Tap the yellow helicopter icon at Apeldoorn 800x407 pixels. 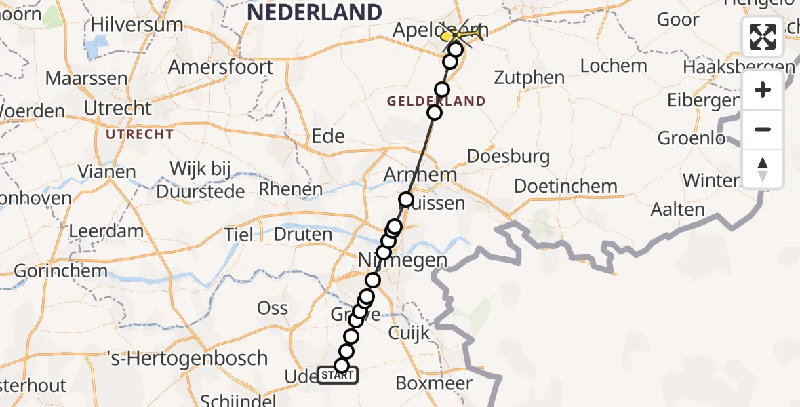tap(463, 33)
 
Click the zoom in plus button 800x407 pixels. tap(763, 90)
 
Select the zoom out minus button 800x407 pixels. tap(763, 129)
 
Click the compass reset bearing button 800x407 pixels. tap(763, 168)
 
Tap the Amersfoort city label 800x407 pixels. tap(220, 67)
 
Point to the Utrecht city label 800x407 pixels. tap(118, 108)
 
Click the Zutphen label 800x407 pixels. tap(529, 77)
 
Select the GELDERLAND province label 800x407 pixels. tap(436, 101)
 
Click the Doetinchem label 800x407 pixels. tap(565, 186)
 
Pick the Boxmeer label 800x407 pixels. tap(434, 383)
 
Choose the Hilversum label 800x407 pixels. tap(136, 26)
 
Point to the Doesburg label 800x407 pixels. tap(508, 157)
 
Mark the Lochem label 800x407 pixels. tap(614, 66)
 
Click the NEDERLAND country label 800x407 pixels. tap(315, 12)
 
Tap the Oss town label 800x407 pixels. tap(273, 308)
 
